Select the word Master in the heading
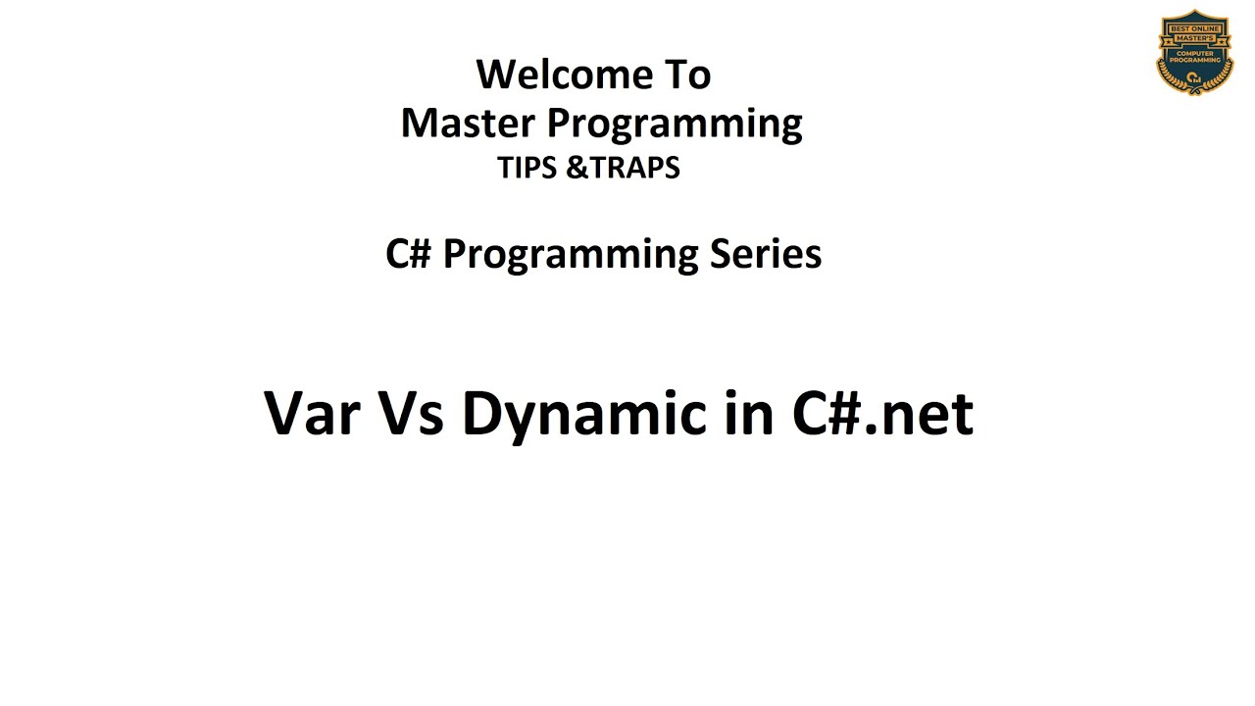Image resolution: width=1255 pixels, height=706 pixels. (468, 124)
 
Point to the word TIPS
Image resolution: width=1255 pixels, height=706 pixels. (527, 169)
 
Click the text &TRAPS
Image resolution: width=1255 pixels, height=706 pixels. (624, 169)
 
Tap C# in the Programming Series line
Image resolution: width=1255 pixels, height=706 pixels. (409, 254)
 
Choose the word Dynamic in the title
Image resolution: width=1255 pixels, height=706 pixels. (584, 415)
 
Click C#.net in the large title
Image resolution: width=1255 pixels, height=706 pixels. (882, 413)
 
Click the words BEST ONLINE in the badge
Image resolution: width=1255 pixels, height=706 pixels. (1194, 28)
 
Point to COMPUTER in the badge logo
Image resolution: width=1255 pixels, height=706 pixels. (1194, 53)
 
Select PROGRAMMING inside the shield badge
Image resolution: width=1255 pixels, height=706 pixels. (1194, 61)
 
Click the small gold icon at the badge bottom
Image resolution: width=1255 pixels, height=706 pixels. (1194, 77)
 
